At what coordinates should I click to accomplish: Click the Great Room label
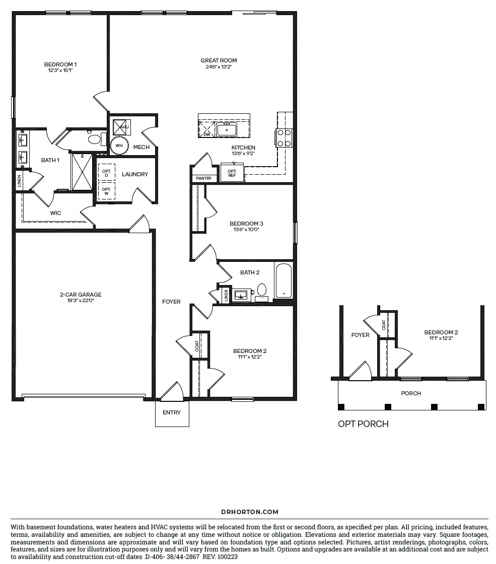[219, 60]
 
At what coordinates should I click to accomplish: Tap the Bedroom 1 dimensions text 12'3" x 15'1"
[60, 70]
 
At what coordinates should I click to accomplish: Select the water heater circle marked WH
[119, 146]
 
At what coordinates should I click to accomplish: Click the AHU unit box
[121, 127]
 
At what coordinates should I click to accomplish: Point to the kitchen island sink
[227, 129]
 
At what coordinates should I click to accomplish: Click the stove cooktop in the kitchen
[284, 138]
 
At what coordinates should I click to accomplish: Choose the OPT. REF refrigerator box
[232, 173]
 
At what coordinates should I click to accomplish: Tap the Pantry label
[204, 178]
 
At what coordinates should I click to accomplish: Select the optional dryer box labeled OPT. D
[106, 173]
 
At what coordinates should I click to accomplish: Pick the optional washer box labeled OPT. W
[106, 191]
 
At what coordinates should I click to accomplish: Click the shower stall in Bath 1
[82, 172]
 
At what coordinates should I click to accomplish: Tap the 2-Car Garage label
[81, 295]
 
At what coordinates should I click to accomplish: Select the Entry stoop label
[172, 412]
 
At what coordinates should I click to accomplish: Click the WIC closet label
[56, 213]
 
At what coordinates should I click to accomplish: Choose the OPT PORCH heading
[363, 424]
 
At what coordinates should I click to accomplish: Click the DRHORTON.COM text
[250, 512]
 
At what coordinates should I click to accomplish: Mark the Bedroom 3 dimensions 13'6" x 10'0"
[246, 230]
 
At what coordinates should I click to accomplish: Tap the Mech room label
[141, 147]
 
